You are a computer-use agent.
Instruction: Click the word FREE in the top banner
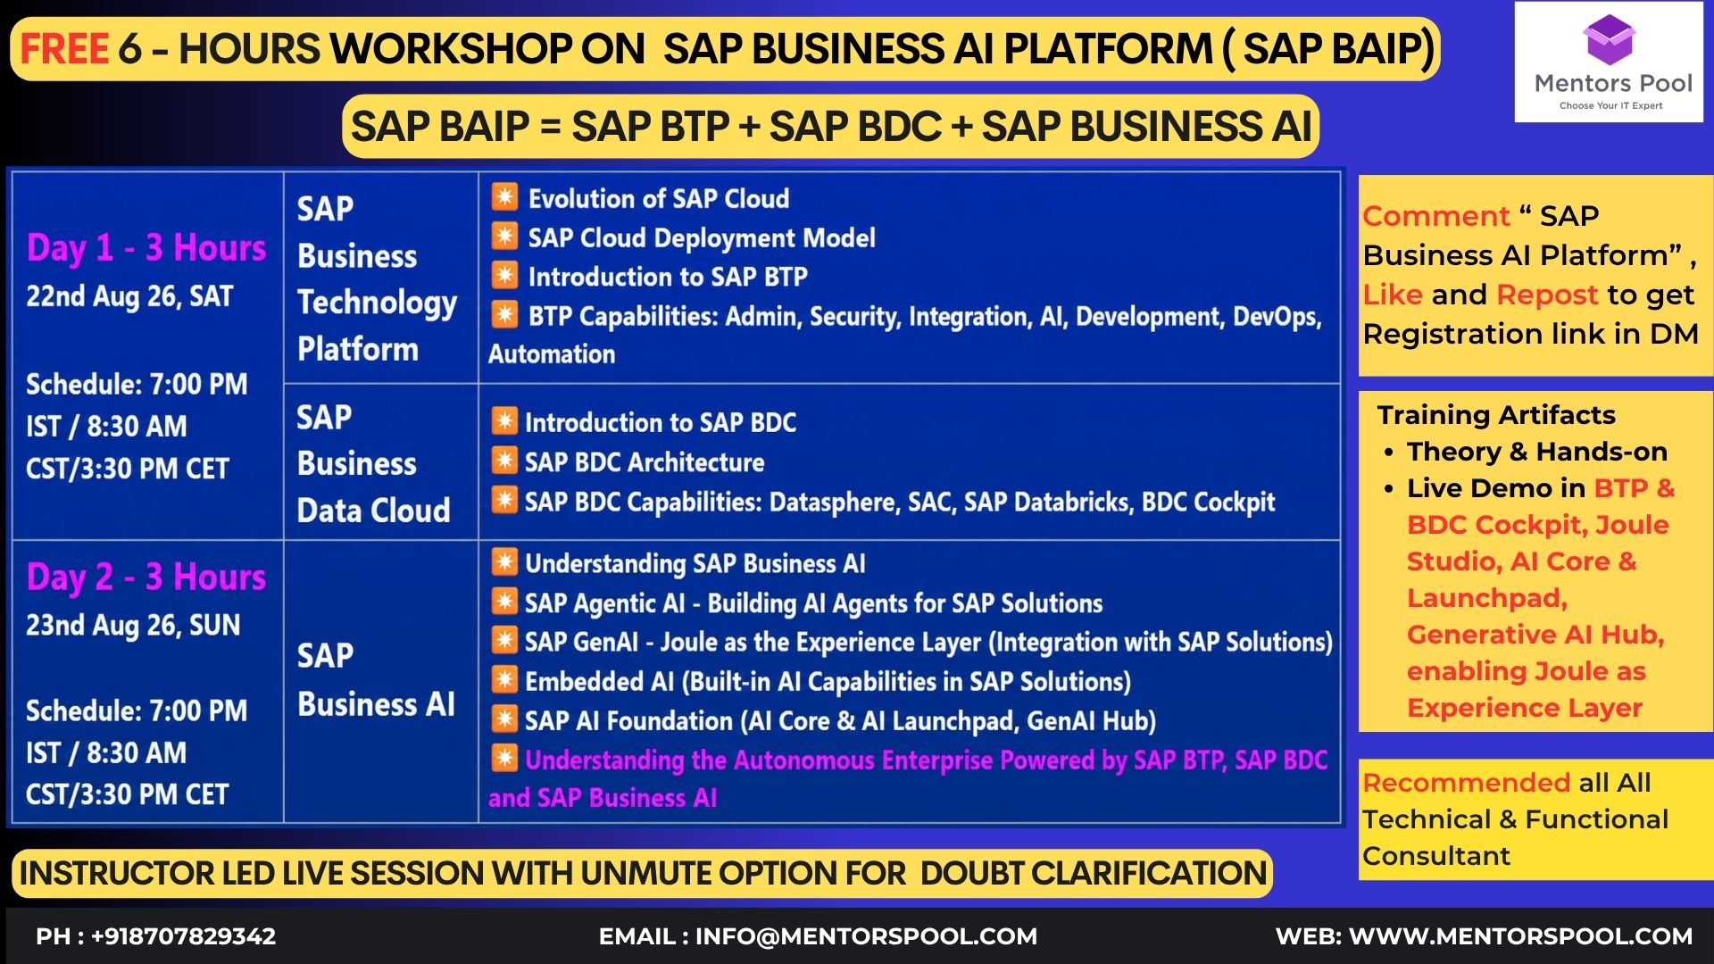click(x=64, y=49)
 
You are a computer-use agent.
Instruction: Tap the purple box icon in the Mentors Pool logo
click(x=1609, y=39)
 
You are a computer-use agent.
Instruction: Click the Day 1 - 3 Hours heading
click(x=146, y=248)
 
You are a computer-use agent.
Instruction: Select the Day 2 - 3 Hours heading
click(x=146, y=578)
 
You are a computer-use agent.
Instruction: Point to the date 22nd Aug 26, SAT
click(x=129, y=296)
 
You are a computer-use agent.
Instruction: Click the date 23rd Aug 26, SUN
click(x=133, y=625)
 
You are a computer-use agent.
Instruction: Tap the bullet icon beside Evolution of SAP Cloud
click(x=504, y=197)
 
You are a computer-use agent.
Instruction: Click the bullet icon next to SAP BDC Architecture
click(x=504, y=461)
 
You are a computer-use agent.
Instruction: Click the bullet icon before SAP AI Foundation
click(x=504, y=719)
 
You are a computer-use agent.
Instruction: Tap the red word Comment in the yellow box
click(x=1436, y=216)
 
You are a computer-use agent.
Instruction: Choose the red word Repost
click(x=1547, y=295)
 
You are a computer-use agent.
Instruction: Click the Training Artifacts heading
click(x=1496, y=415)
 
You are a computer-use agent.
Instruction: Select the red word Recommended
click(x=1466, y=783)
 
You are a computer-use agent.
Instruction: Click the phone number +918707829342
click(x=183, y=936)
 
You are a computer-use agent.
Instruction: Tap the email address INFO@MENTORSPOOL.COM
click(x=866, y=936)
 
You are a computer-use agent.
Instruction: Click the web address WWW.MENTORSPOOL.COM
click(x=1520, y=936)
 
